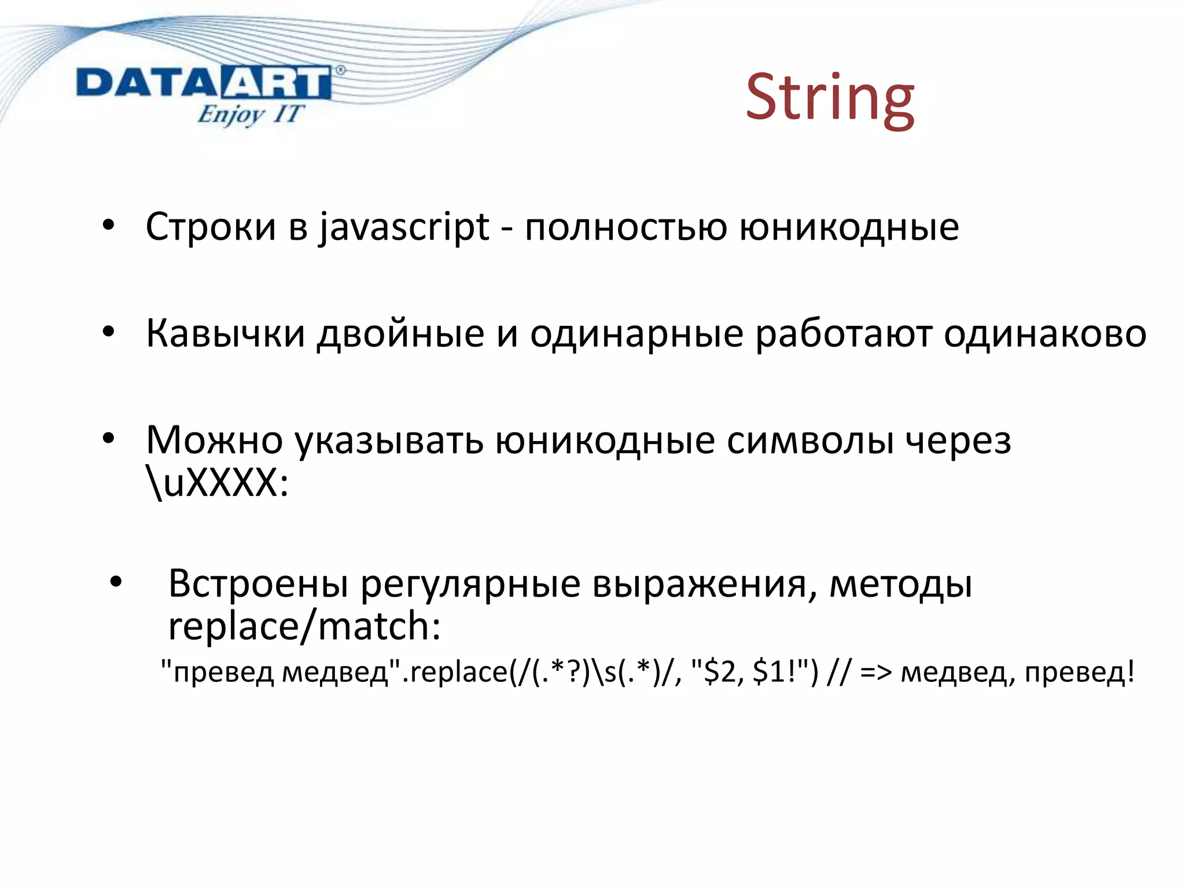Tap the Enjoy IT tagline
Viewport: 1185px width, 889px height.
[x=250, y=113]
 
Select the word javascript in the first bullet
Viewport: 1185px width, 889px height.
[x=404, y=227]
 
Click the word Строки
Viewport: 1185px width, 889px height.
[x=211, y=227]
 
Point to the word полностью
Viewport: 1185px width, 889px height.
[x=625, y=227]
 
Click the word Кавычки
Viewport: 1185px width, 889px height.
[x=225, y=334]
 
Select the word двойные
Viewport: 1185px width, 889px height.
[x=400, y=334]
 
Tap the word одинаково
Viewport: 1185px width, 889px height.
[x=1044, y=334]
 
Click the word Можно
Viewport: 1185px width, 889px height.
[x=214, y=440]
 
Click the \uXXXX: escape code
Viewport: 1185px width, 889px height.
[x=217, y=483]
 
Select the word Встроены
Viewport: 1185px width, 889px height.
[x=258, y=583]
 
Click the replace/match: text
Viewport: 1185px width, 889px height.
[x=304, y=626]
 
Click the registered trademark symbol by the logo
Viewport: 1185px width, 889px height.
[x=340, y=70]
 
